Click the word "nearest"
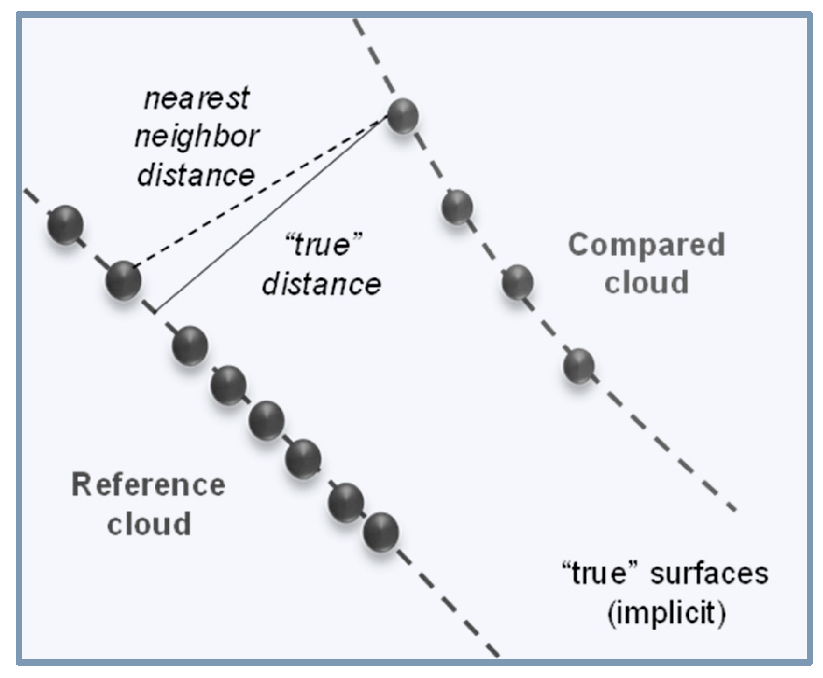[x=197, y=99]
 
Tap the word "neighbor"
[x=197, y=137]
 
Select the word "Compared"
[x=646, y=245]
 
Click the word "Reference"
[x=148, y=485]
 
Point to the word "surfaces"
[x=709, y=574]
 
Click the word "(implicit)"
[x=667, y=613]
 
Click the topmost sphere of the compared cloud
[x=402, y=116]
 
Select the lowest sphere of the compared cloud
[x=579, y=366]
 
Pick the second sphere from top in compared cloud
[x=457, y=207]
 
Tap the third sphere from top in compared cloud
[x=518, y=282]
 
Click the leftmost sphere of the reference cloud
[x=66, y=224]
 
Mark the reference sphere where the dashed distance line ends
[x=123, y=280]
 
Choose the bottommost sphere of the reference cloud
[x=381, y=532]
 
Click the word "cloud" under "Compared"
[x=647, y=283]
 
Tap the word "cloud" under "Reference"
[x=149, y=524]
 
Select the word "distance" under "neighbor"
[x=196, y=175]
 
